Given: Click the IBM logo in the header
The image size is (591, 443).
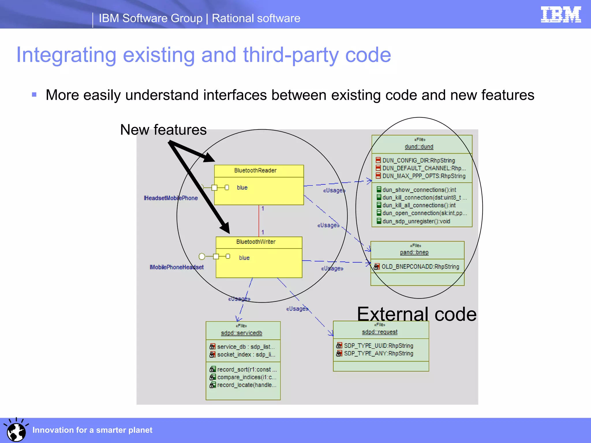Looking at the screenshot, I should tap(561, 14).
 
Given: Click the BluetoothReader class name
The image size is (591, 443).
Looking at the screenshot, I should tap(255, 170).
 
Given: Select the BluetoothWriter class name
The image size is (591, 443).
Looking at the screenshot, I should tap(256, 242).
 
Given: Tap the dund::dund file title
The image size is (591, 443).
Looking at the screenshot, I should tap(419, 147).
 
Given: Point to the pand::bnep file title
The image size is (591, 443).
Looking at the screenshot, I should tap(414, 252).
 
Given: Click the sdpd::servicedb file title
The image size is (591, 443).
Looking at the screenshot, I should tap(242, 333).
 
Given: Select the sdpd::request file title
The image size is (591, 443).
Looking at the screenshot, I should tap(379, 332).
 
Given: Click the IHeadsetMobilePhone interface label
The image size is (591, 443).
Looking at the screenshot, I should tap(171, 198).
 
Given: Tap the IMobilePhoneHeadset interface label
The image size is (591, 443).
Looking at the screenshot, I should tap(177, 267).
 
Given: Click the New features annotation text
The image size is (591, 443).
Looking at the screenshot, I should tap(163, 130).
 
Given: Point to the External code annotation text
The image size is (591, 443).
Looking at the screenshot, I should tap(416, 314).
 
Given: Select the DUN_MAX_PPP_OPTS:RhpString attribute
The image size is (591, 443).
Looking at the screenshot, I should tap(424, 176).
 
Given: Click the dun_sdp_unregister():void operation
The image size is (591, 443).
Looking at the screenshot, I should tap(416, 221).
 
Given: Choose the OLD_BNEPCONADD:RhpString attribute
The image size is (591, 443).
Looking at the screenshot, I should tap(420, 266).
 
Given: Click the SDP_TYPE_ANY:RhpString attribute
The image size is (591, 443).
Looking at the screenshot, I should tap(378, 353).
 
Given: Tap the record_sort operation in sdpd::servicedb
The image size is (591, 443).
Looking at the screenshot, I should tap(246, 369).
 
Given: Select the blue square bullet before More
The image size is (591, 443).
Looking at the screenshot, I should tap(34, 95).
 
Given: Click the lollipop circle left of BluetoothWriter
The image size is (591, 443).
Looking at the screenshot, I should tap(202, 256).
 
